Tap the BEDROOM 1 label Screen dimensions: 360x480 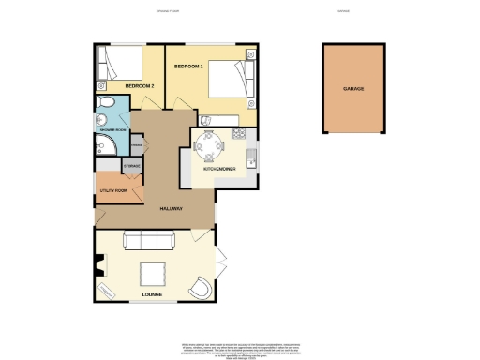click(x=187, y=68)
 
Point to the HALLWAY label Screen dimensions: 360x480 click(x=170, y=208)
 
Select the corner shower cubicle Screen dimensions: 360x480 click(x=102, y=145)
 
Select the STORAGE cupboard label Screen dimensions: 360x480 click(x=133, y=166)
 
